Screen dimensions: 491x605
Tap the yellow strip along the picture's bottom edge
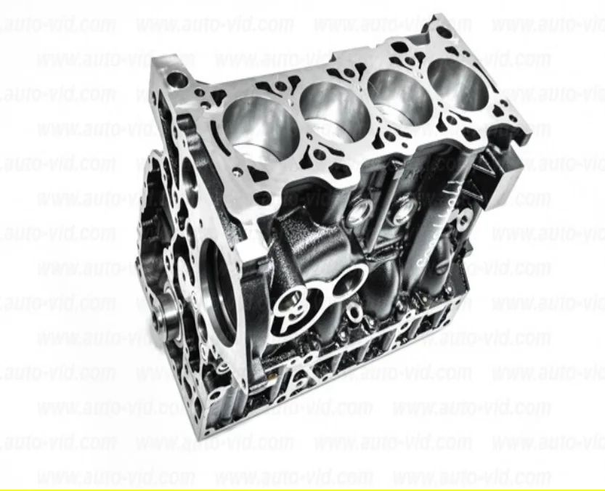302,488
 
